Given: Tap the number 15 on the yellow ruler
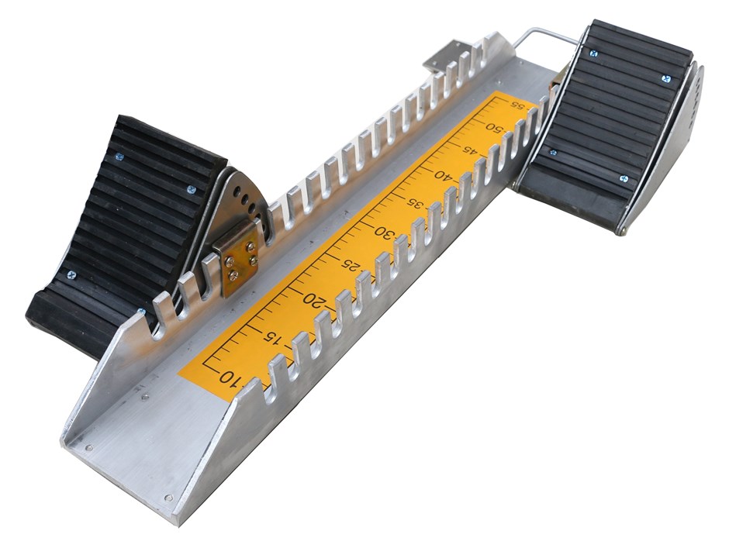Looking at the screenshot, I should [271, 337].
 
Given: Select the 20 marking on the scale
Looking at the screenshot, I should [313, 300].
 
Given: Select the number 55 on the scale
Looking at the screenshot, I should [514, 104].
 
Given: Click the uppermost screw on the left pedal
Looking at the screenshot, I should [119, 157].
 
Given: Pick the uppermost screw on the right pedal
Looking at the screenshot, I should [594, 53].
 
